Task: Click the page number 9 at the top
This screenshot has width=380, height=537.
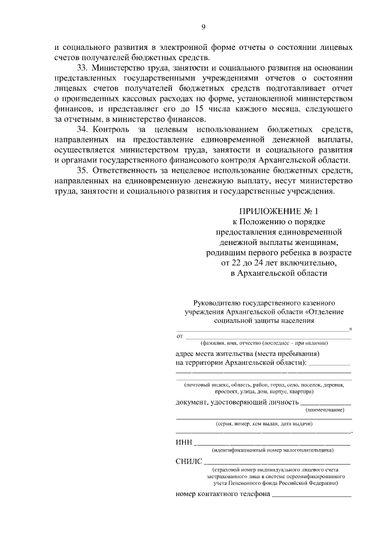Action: (203, 27)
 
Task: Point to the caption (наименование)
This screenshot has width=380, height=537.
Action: (324, 410)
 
